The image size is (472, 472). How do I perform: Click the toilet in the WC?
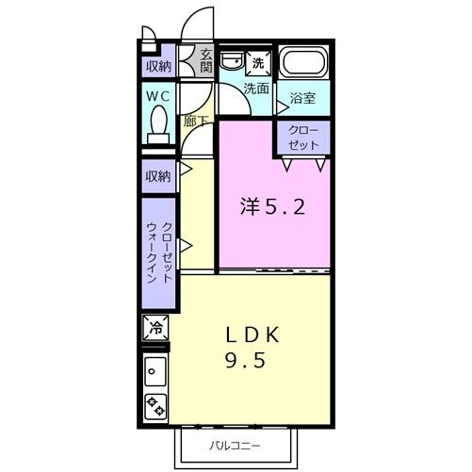[158, 124]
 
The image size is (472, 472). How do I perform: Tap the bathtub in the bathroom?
[303, 62]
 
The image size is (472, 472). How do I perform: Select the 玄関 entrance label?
[206, 61]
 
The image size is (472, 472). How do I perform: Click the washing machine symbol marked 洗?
[258, 63]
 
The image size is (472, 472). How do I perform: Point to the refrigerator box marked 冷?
[156, 328]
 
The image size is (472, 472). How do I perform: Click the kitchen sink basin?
[155, 371]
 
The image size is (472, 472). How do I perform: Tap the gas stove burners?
[155, 406]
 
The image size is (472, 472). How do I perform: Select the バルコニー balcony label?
[235, 446]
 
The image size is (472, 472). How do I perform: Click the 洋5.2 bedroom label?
[272, 207]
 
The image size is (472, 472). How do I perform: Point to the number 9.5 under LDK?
[245, 360]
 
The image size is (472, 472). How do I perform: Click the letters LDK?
[252, 334]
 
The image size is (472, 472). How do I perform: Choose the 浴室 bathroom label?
[302, 98]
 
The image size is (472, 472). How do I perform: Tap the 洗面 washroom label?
[256, 89]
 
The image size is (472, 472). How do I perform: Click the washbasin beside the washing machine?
[232, 61]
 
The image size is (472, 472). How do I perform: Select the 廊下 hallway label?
[196, 122]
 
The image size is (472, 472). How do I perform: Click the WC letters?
[158, 96]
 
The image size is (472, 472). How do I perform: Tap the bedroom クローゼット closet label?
[303, 138]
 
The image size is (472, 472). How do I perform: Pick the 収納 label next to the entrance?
[159, 66]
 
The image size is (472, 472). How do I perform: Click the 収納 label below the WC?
[158, 176]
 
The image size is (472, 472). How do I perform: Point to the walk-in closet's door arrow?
[186, 246]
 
